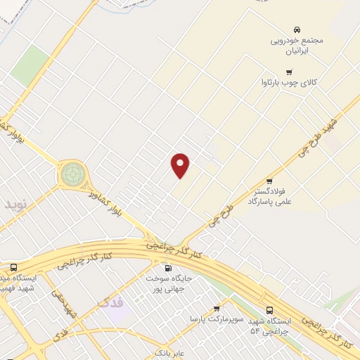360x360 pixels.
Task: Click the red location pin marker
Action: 181,165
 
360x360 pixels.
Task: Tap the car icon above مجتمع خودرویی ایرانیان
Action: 297,30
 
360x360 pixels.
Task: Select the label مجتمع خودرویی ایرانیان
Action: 297,46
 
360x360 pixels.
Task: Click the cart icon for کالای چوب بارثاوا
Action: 288,72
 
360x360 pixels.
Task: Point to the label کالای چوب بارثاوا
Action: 289,82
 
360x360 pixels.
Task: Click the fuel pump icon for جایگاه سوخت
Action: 167,268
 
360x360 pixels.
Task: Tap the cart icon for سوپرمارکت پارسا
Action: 217,308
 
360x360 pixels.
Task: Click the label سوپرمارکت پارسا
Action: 217,319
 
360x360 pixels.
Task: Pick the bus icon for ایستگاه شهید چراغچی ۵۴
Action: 270,310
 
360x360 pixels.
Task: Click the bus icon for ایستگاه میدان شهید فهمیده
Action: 13,268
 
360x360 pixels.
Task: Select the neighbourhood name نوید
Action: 15,205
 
